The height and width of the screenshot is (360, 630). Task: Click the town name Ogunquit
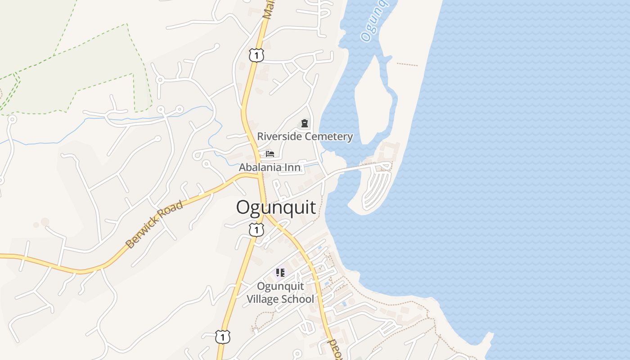click(x=276, y=207)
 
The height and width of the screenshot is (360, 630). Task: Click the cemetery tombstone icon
click(x=305, y=123)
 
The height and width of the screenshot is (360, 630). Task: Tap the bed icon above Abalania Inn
click(x=270, y=154)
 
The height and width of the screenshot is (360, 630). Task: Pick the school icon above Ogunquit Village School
click(x=280, y=273)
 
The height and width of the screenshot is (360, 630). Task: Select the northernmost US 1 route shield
click(x=256, y=55)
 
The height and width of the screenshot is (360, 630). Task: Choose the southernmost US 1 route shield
click(x=222, y=337)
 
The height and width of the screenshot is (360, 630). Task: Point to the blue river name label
click(x=374, y=20)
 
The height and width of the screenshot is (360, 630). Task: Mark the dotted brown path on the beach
click(x=407, y=64)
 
